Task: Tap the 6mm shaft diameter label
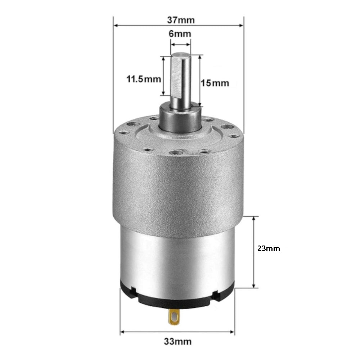coord(180,34)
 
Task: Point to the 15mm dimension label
coord(215,83)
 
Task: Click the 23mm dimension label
coord(269,248)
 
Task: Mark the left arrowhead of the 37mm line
coord(116,25)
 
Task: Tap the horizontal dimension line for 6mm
coord(180,45)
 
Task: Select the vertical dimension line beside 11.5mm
coord(164,76)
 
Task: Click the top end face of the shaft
coord(180,55)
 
